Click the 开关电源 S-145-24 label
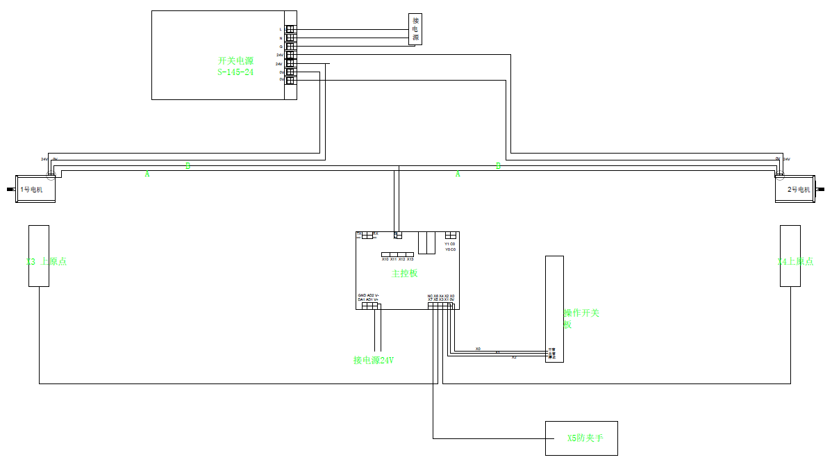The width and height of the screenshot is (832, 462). (235, 66)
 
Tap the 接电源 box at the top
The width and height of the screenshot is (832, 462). (415, 29)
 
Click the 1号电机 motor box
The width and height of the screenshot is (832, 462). (35, 190)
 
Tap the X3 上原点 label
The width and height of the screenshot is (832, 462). (46, 262)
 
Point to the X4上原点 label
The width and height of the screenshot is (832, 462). (795, 262)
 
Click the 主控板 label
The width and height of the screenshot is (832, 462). (405, 274)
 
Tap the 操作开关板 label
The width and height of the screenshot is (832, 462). (581, 318)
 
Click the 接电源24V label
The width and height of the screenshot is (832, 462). (374, 360)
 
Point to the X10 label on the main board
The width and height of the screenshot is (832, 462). (385, 259)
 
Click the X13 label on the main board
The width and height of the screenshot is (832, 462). (410, 259)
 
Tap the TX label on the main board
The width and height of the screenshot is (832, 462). (359, 233)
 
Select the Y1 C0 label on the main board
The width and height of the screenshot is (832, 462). (450, 244)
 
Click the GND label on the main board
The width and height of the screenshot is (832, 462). (362, 296)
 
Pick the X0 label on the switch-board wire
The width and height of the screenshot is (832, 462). (478, 348)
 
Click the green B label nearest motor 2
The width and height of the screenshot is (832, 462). (498, 166)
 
